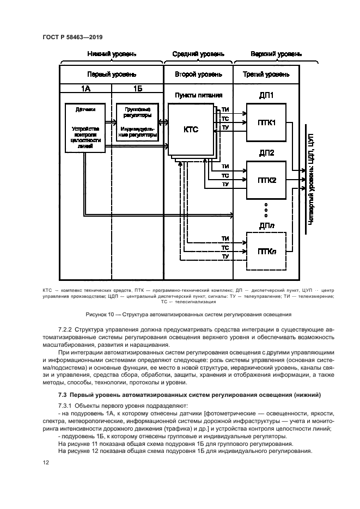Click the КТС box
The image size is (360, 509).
tap(191, 130)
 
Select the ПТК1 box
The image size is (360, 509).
tap(266, 122)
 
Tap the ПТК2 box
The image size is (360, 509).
tap(266, 180)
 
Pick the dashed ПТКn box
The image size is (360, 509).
tap(266, 250)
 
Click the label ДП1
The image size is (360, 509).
tap(266, 96)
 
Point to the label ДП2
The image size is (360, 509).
tap(266, 152)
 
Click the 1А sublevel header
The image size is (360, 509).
tap(86, 88)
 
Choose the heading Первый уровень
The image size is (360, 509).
tap(112, 74)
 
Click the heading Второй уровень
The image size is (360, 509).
tap(198, 74)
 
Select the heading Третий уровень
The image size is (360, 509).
tap(267, 74)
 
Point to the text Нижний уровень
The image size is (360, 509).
tap(112, 54)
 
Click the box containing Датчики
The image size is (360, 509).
tap(86, 128)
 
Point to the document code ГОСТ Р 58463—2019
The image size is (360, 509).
tap(72, 36)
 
